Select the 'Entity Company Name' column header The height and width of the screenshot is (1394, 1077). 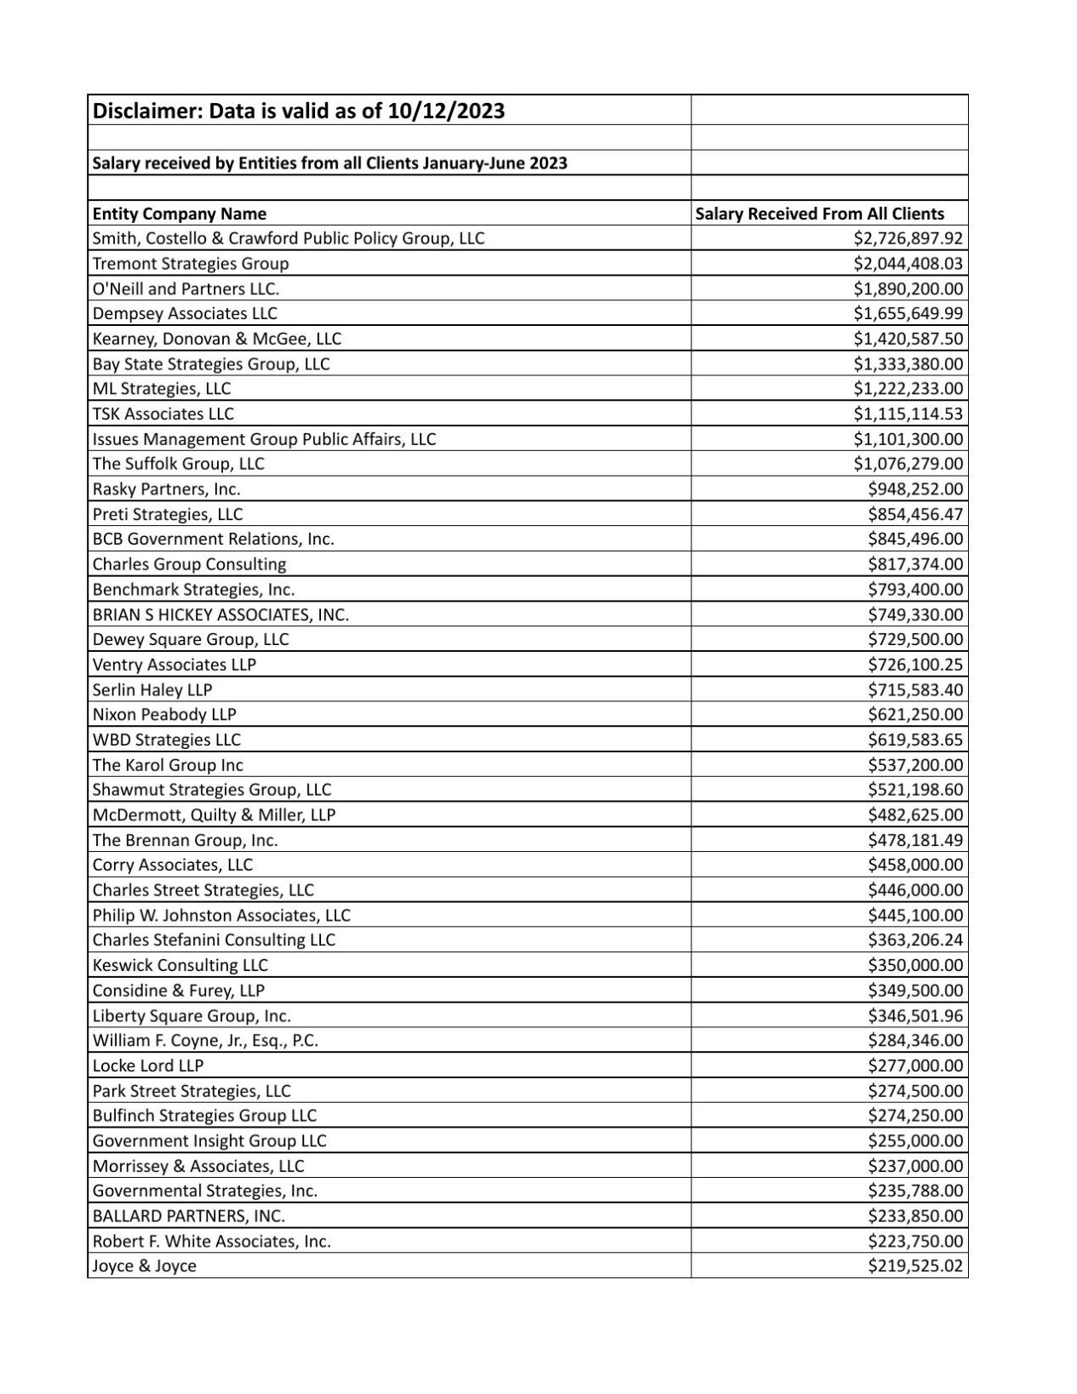click(x=179, y=214)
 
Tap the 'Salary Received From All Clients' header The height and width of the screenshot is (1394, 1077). click(x=819, y=214)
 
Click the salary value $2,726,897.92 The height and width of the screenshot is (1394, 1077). click(x=908, y=238)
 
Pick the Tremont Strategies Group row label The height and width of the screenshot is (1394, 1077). click(x=190, y=264)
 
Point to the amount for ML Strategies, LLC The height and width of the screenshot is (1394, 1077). click(x=908, y=389)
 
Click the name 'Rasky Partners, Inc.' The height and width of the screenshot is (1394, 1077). click(x=166, y=489)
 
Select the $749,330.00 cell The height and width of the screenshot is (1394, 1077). click(x=915, y=614)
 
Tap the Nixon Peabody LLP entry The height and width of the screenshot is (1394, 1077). click(x=164, y=715)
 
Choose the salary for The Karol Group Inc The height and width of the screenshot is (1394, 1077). click(x=915, y=765)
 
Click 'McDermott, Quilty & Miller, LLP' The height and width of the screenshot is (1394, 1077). click(x=214, y=815)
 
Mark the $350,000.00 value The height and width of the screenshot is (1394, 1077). click(x=915, y=965)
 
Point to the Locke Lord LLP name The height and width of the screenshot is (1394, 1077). click(x=147, y=1065)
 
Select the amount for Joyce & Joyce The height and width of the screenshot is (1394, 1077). click(x=915, y=1266)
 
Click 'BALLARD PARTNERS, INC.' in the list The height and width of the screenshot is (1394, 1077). click(x=188, y=1216)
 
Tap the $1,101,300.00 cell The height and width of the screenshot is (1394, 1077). click(x=908, y=439)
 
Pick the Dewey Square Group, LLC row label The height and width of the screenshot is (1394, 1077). click(x=190, y=640)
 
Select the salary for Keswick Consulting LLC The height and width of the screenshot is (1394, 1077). click(x=915, y=965)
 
